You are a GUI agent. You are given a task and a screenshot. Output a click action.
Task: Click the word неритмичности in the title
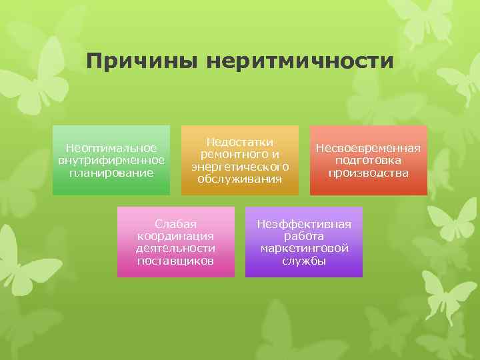point(300,63)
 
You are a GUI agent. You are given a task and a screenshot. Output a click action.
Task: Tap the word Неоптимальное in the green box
point(111,148)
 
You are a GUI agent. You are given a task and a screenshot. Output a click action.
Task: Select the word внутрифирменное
point(111,160)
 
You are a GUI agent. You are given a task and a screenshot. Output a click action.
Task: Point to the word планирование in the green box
point(111,172)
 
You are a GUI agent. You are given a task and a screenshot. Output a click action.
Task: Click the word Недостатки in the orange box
point(240,142)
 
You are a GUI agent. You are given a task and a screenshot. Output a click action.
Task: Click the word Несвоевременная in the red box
point(368,148)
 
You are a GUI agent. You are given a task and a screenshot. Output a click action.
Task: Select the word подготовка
point(368,160)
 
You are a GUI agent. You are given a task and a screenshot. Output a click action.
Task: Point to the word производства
point(368,173)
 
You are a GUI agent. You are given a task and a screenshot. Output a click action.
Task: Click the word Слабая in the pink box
point(175,223)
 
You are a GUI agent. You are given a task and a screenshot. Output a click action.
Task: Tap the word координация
point(175,235)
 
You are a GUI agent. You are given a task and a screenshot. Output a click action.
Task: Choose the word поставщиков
point(175,260)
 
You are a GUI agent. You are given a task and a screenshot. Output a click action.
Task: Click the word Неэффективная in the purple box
point(304,223)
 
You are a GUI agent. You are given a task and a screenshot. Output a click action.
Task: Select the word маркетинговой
point(304,248)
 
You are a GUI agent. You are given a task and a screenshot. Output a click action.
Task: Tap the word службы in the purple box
point(304,261)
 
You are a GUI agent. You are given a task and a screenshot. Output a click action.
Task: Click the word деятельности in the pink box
point(175,248)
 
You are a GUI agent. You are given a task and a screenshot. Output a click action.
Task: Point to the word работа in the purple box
point(304,235)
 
